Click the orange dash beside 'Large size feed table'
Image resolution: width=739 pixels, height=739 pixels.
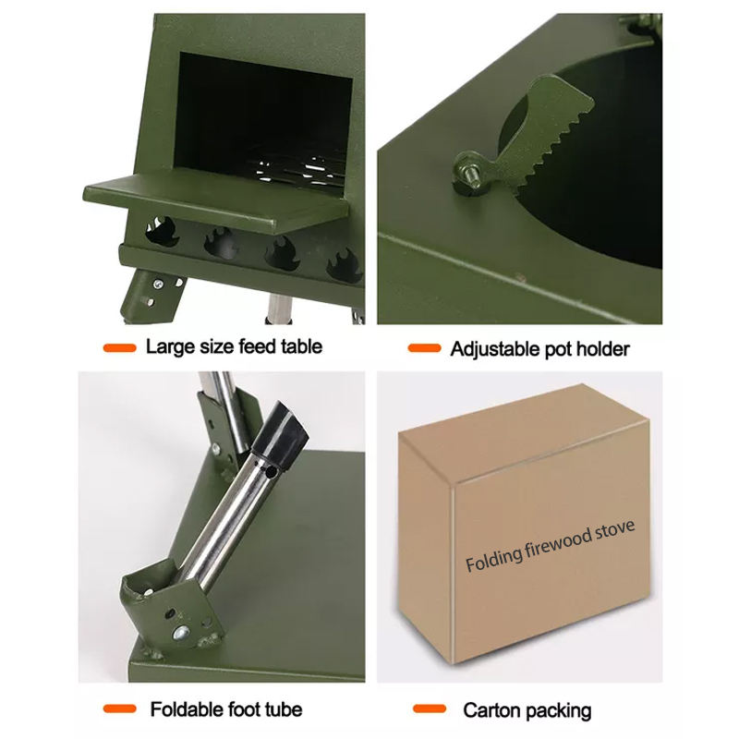120,348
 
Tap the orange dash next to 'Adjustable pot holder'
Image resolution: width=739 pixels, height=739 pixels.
424,348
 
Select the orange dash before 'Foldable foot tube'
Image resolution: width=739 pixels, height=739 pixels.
120,709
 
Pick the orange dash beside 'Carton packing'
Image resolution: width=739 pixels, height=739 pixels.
430,709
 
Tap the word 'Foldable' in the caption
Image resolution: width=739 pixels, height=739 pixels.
187,709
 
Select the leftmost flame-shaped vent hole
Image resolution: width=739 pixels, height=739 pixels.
161,230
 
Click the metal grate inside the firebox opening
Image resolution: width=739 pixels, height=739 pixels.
296,168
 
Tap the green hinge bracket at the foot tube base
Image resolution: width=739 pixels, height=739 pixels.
170,611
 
